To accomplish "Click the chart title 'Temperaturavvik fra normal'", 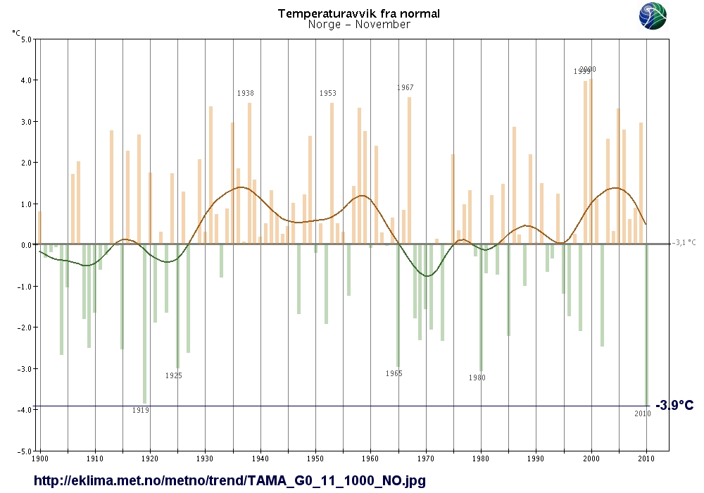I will (x=359, y=13).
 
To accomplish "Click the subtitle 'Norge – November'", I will (x=359, y=25).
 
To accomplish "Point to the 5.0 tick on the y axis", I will (x=27, y=39).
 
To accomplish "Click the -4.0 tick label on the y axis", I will (x=25, y=410).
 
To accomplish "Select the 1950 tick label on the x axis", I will (x=315, y=458).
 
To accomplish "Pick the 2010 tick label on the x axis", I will (x=646, y=458).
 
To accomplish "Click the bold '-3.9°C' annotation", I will (x=674, y=406).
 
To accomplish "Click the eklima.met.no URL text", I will (x=230, y=481).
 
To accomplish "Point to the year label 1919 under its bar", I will (x=141, y=410).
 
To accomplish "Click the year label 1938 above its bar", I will (x=246, y=93).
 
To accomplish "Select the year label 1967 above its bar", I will (x=406, y=88).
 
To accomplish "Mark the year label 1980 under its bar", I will (x=477, y=378).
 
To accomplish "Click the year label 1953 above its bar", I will (x=328, y=93).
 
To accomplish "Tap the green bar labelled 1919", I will (x=144, y=324).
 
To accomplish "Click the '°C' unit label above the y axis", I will (x=16, y=32).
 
